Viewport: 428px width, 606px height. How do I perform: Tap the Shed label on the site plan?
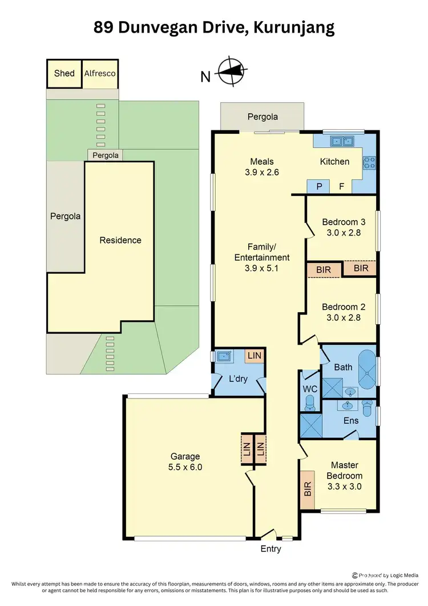tap(64, 73)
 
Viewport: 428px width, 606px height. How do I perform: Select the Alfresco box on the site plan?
tap(100, 73)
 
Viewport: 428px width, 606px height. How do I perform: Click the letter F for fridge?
tap(341, 186)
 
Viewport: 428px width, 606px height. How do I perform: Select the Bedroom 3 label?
tap(344, 222)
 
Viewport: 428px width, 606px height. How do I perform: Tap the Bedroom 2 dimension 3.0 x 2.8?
tap(343, 317)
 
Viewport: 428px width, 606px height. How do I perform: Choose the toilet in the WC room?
tap(310, 404)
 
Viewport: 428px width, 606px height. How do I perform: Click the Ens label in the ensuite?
tap(350, 420)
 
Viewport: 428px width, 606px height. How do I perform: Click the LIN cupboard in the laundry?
tap(255, 356)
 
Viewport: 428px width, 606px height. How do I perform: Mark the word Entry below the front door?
tap(270, 549)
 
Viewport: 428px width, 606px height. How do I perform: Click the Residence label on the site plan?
tap(120, 240)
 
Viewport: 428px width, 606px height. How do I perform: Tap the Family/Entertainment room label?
tap(261, 252)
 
